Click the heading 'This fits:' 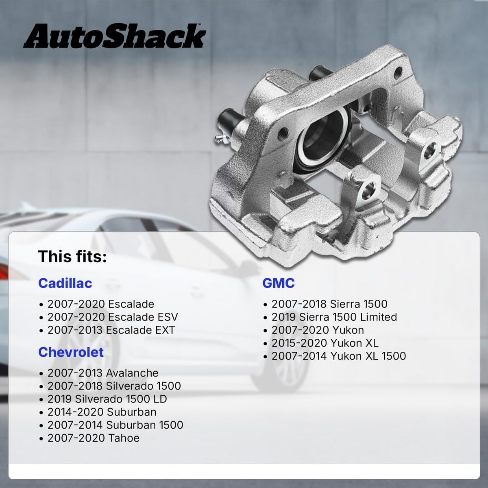coord(72,257)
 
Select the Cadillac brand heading coord(65,283)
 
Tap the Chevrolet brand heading coord(71,352)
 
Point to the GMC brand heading coord(279,283)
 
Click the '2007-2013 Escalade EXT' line coord(111,330)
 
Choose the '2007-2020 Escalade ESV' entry coord(112,317)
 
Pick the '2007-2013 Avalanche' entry coord(102,373)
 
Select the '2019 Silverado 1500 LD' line coord(107,399)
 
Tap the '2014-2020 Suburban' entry coord(102,412)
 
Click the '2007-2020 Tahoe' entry coord(93,438)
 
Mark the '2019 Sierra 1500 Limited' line coord(334,317)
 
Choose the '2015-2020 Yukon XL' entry coord(325,343)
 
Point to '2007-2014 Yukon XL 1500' coord(338,356)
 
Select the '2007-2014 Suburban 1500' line coord(115,425)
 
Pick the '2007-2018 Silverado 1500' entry coord(114,386)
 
